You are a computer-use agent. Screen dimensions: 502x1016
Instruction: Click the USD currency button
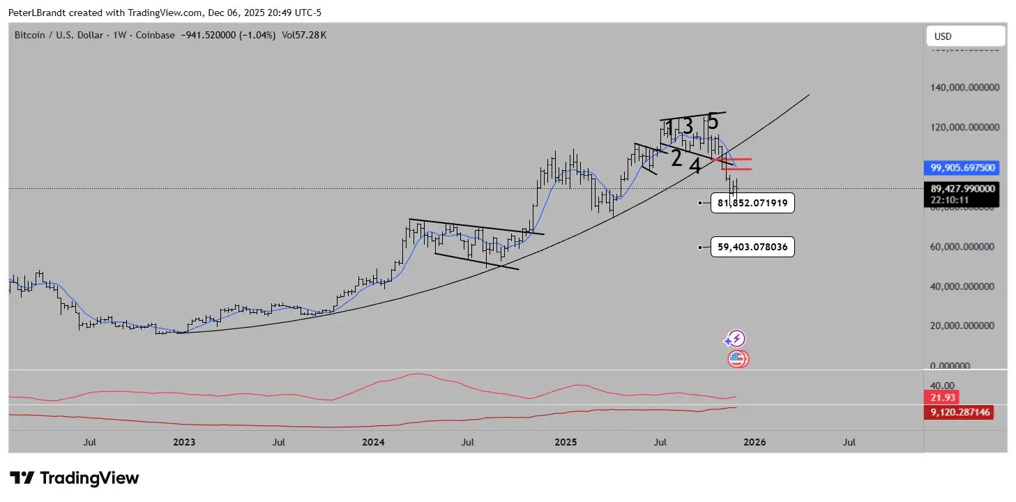click(965, 36)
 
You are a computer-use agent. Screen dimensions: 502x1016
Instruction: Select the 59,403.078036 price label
click(752, 247)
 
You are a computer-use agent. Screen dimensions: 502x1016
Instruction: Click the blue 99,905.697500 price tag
click(963, 167)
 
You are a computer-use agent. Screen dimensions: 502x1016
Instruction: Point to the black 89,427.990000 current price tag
click(963, 188)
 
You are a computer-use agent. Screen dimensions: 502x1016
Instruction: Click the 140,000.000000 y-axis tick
click(966, 88)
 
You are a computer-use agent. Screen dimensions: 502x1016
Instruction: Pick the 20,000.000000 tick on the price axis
click(966, 326)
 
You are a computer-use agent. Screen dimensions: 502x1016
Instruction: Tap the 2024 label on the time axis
click(374, 442)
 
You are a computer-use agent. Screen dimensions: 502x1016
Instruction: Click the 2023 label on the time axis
click(184, 442)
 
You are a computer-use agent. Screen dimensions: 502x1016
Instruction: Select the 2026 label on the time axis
click(754, 442)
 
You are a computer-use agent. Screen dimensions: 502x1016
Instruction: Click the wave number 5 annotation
click(712, 122)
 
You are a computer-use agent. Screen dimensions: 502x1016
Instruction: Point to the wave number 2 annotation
click(676, 158)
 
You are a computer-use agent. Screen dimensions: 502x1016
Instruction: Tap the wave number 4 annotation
click(695, 165)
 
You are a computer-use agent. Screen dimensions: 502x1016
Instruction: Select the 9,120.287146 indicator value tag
click(959, 412)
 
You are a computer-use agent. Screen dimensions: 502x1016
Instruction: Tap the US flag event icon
click(737, 359)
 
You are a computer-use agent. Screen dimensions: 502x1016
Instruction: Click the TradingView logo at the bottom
click(75, 478)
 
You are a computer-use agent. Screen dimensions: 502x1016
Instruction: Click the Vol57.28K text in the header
click(303, 35)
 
